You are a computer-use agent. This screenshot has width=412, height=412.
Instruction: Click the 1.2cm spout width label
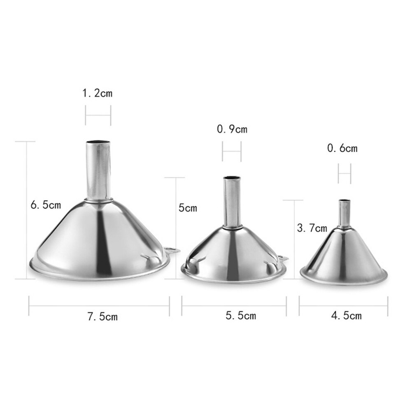[x=98, y=93]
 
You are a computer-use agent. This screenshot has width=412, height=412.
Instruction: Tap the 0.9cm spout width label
[x=232, y=129]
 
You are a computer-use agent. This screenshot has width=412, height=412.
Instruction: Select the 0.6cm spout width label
[x=342, y=148]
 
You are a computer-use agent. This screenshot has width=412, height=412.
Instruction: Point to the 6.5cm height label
[x=46, y=205]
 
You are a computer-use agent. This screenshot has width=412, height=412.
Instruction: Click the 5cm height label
[x=188, y=208]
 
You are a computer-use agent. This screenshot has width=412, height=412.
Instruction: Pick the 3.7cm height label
[x=312, y=228]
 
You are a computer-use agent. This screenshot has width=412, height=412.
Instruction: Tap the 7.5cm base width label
[x=102, y=317]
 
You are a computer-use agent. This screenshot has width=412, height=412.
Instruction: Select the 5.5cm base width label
[x=241, y=316]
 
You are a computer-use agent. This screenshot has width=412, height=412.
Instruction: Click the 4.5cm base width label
[x=346, y=316]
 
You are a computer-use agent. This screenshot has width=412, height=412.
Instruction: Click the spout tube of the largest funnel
[x=98, y=171]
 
